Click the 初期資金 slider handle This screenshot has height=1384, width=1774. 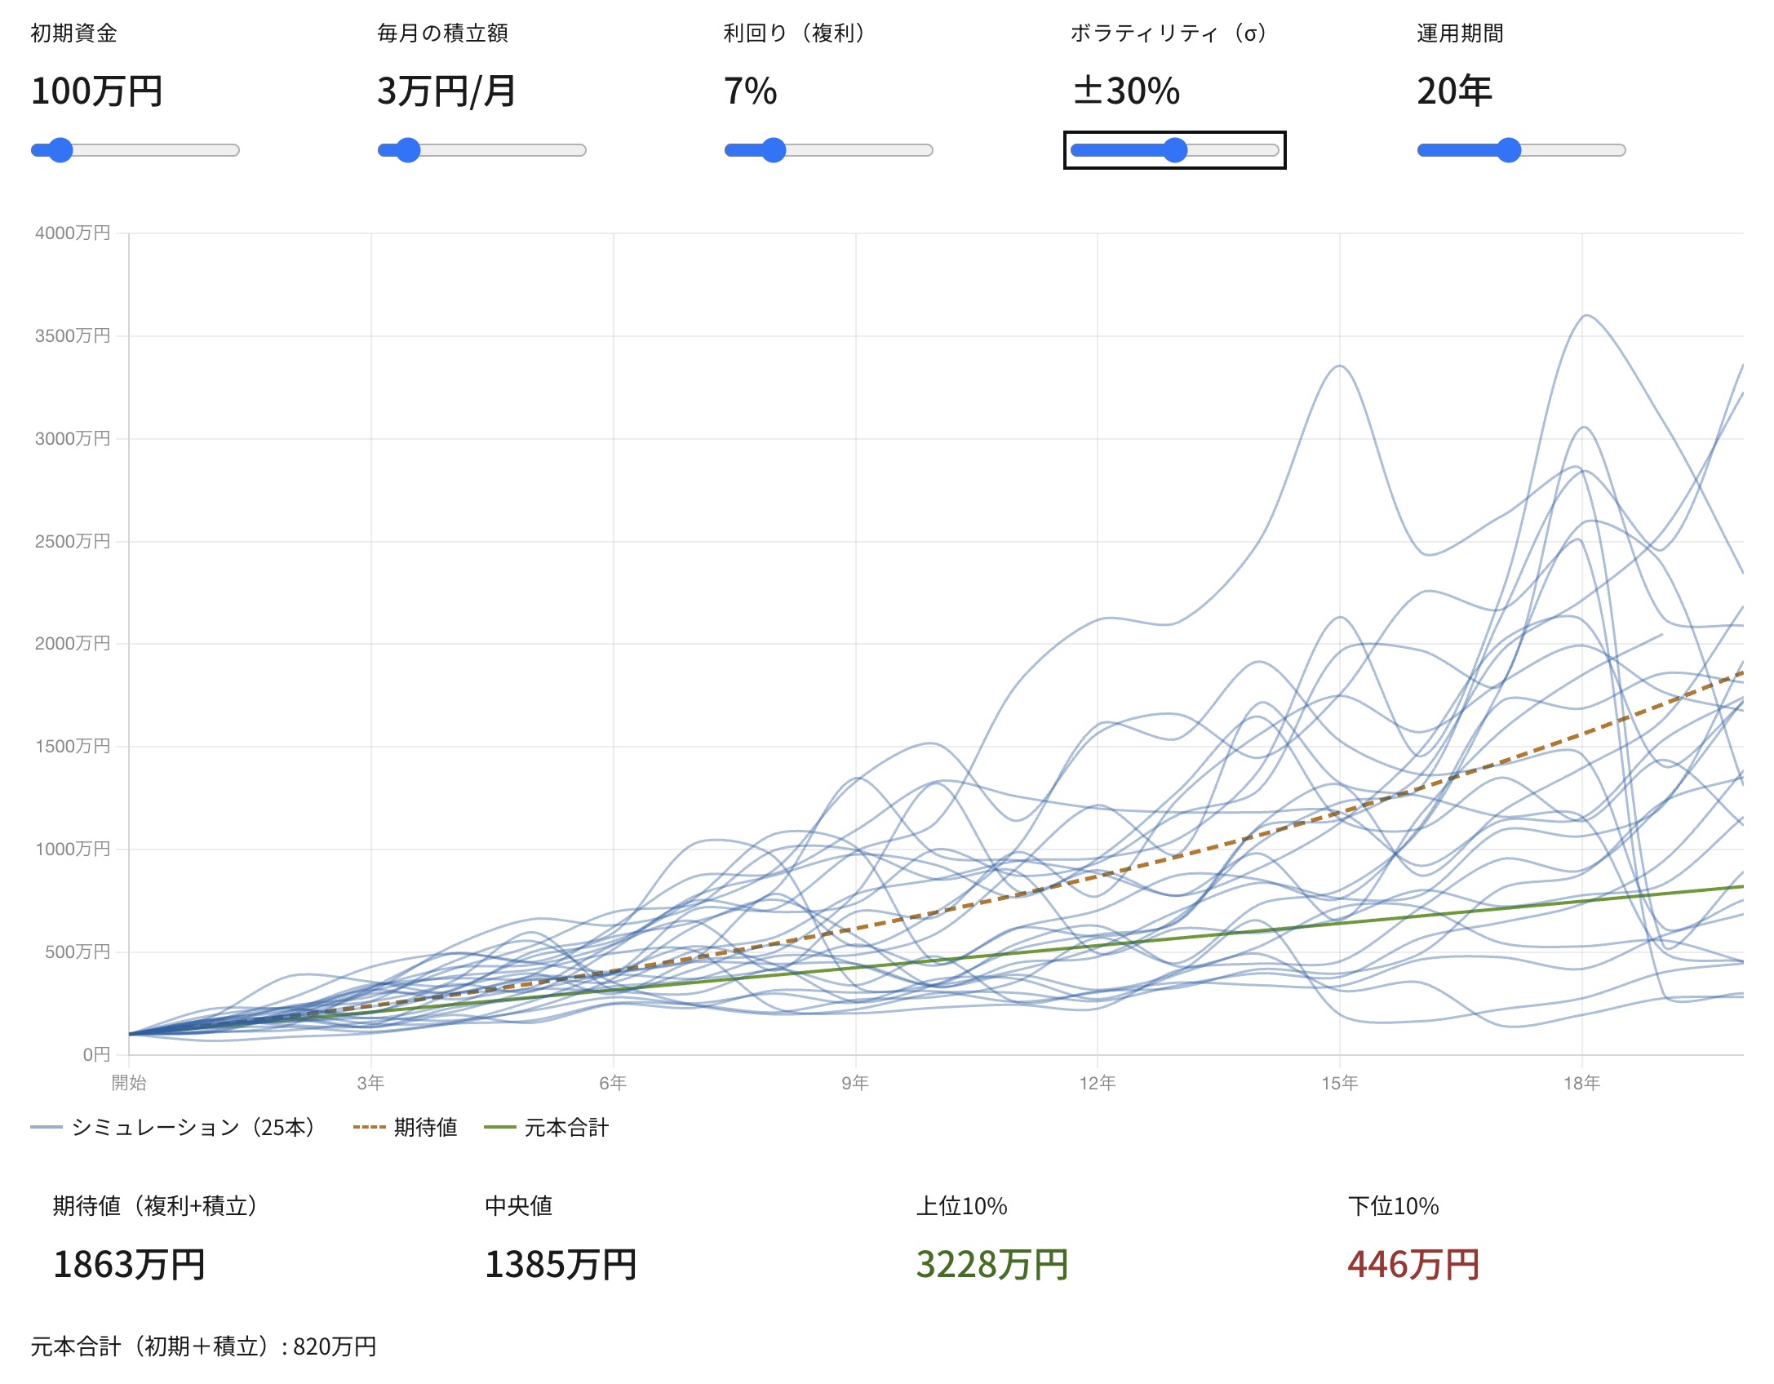[x=60, y=150]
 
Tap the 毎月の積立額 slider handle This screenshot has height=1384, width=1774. [x=407, y=150]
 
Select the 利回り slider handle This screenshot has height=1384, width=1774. [x=773, y=150]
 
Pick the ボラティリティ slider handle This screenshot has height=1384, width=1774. [x=1174, y=150]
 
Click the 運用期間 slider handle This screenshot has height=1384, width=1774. [x=1509, y=150]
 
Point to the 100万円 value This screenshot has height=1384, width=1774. [x=96, y=91]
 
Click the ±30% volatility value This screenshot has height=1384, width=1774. [x=1126, y=91]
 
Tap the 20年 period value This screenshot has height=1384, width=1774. [x=1454, y=91]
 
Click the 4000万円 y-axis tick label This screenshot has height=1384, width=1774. [x=72, y=233]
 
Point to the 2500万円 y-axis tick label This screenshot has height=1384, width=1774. [x=72, y=542]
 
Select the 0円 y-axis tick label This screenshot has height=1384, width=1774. [x=95, y=1054]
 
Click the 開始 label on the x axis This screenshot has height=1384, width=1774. [x=129, y=1083]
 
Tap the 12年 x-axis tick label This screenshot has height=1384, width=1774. [x=1097, y=1083]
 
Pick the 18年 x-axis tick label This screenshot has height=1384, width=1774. [x=1581, y=1083]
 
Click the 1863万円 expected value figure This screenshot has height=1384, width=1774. [x=129, y=1265]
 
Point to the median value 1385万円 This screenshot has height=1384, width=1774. [x=561, y=1265]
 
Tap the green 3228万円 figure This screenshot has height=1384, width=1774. [x=991, y=1265]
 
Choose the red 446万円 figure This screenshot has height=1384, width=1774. [x=1413, y=1265]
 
